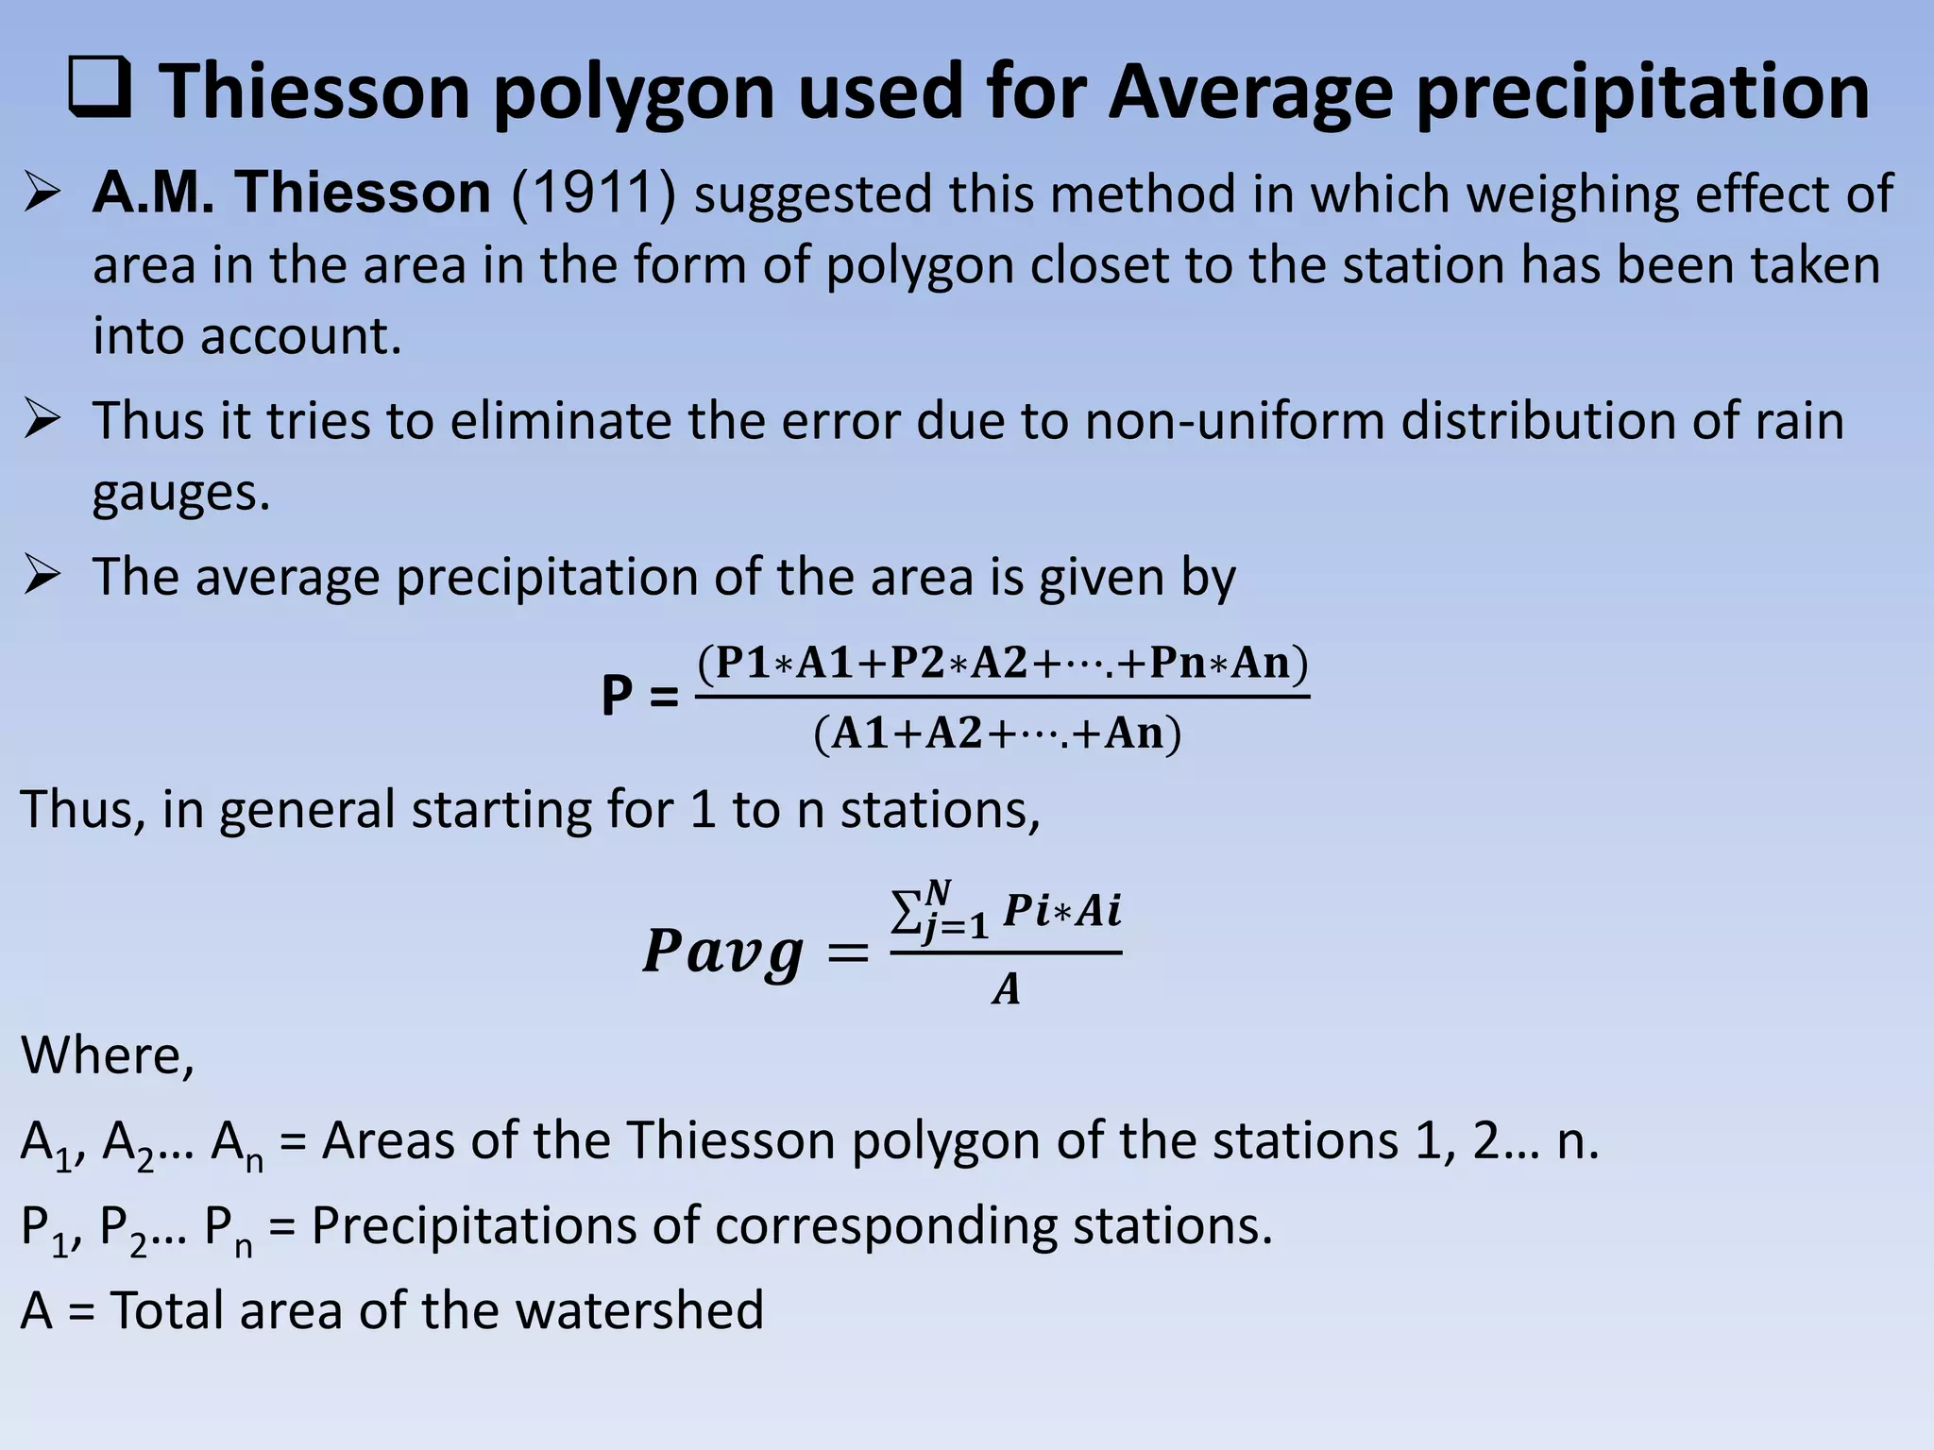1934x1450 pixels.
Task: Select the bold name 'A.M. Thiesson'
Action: tap(292, 194)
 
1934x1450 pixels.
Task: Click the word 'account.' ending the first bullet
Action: tap(247, 336)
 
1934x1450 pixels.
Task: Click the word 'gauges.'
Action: tap(181, 493)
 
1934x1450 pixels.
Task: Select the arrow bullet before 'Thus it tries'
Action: tap(43, 419)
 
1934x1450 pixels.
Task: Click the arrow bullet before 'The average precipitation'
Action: tap(43, 576)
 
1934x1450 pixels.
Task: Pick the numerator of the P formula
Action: tap(1003, 664)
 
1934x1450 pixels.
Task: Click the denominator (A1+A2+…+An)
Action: tap(997, 733)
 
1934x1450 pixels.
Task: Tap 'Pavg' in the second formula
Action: tap(723, 952)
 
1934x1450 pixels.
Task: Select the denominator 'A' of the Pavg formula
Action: tap(1007, 989)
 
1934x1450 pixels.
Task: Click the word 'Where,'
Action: tap(108, 1055)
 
